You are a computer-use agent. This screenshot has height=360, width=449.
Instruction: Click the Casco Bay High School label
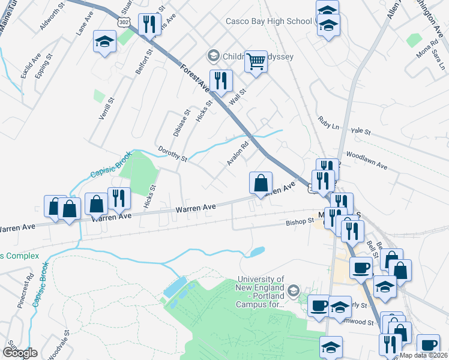[268, 21]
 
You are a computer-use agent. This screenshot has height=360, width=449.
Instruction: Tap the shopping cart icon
[256, 60]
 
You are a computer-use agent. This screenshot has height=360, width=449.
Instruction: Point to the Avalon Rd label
[238, 153]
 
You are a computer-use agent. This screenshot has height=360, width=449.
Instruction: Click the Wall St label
[238, 92]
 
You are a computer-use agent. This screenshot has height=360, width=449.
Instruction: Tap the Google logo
[20, 353]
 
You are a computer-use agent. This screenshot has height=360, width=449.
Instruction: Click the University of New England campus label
[261, 292]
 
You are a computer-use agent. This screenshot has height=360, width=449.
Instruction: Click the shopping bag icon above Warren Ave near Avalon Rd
[261, 183]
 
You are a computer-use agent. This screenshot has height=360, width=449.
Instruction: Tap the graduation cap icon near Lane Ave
[104, 41]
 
